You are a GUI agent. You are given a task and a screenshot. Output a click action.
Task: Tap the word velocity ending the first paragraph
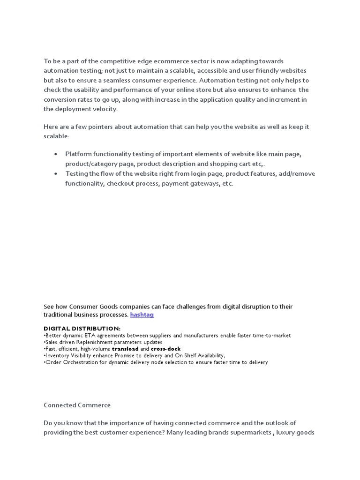click(105, 109)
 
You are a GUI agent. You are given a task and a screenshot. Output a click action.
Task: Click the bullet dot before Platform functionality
click(56, 154)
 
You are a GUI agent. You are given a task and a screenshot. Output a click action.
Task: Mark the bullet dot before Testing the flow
click(56, 173)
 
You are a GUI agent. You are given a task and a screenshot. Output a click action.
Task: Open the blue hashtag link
click(142, 315)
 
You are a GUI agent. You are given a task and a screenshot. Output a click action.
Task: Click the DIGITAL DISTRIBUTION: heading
click(82, 328)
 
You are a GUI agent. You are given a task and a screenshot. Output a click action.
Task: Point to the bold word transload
click(125, 349)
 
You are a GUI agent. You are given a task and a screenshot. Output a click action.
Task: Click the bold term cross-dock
click(165, 349)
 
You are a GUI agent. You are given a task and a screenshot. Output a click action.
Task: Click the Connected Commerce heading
click(77, 405)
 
